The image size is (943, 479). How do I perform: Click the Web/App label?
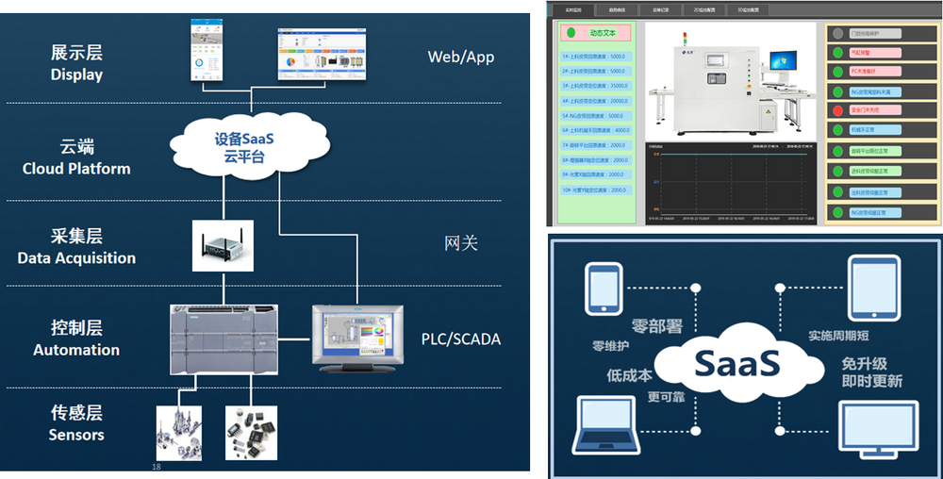coord(460,58)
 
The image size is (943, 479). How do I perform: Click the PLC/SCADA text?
coord(460,339)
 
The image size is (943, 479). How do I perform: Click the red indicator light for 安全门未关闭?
coord(837,109)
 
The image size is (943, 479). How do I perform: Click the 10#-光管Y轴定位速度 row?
coord(594,190)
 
